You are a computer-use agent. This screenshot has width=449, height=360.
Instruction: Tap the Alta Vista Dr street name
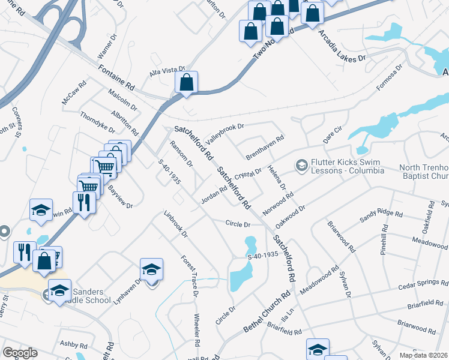pyautogui.click(x=167, y=72)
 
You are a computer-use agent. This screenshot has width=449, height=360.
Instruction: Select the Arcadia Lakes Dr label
pyautogui.click(x=342, y=47)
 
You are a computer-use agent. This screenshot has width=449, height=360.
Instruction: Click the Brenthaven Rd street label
pyautogui.click(x=264, y=146)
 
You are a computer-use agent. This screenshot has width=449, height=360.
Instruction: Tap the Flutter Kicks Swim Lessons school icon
pyautogui.click(x=301, y=164)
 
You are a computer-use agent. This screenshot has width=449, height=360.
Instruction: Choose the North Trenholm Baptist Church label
pyautogui.click(x=419, y=172)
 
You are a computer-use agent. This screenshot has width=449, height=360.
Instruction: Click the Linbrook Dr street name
pyautogui.click(x=176, y=223)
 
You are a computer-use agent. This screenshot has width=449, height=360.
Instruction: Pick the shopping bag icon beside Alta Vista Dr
pyautogui.click(x=187, y=83)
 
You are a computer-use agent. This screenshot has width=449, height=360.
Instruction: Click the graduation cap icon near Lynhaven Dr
pyautogui.click(x=152, y=270)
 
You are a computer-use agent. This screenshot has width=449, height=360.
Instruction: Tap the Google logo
pyautogui.click(x=20, y=353)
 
